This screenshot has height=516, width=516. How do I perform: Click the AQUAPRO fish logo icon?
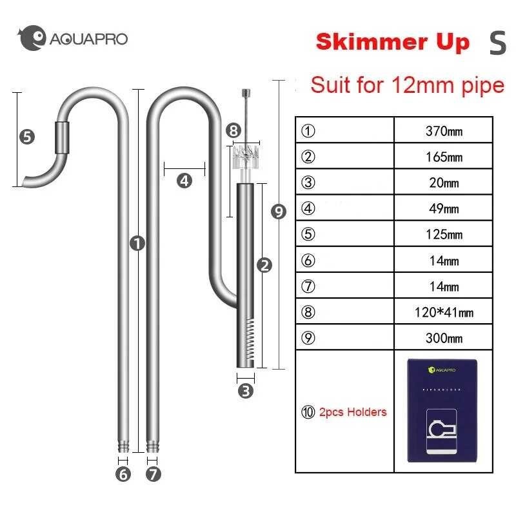(32, 39)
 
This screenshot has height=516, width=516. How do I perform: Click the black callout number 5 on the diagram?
(27, 137)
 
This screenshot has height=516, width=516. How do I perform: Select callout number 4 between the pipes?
(184, 181)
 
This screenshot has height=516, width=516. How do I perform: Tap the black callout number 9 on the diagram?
(279, 212)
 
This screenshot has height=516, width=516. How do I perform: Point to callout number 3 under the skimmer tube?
(246, 390)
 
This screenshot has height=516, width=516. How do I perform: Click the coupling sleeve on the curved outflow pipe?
(62, 137)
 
